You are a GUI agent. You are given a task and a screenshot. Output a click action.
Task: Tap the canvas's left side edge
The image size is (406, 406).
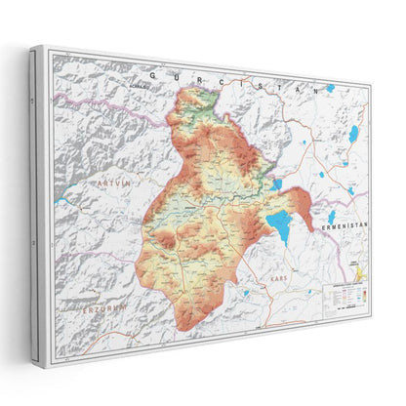(36, 205)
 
